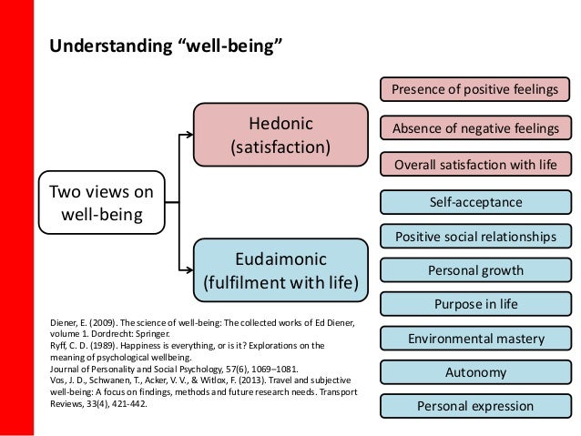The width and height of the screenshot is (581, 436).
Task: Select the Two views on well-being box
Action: tap(100, 203)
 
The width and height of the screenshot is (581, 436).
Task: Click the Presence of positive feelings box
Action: tap(475, 89)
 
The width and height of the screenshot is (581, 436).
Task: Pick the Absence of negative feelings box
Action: tap(475, 128)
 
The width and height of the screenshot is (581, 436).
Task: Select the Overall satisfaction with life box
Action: tap(475, 166)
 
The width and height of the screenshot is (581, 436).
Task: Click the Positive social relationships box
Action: tap(475, 237)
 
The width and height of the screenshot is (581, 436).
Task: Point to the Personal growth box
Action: tap(475, 270)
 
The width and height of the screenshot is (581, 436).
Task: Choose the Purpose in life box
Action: tap(475, 304)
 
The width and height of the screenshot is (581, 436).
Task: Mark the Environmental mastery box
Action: tap(475, 339)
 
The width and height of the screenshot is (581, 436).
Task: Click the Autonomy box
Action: tap(475, 372)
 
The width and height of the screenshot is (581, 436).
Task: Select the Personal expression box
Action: tap(475, 406)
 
